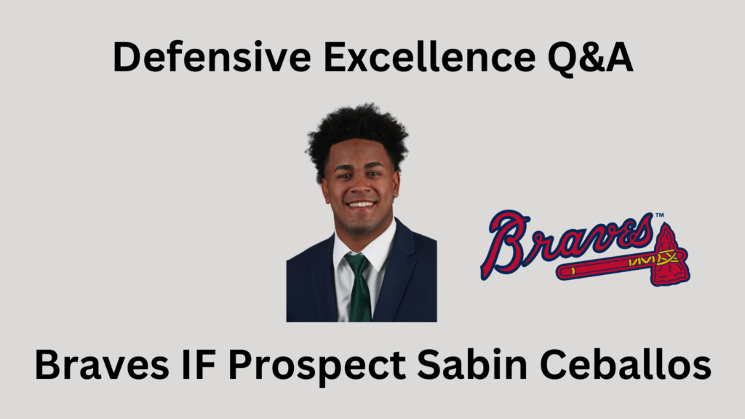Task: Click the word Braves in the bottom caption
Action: [95, 365]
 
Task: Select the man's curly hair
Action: [356, 131]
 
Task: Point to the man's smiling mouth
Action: [362, 205]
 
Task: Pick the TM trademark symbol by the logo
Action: [658, 215]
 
